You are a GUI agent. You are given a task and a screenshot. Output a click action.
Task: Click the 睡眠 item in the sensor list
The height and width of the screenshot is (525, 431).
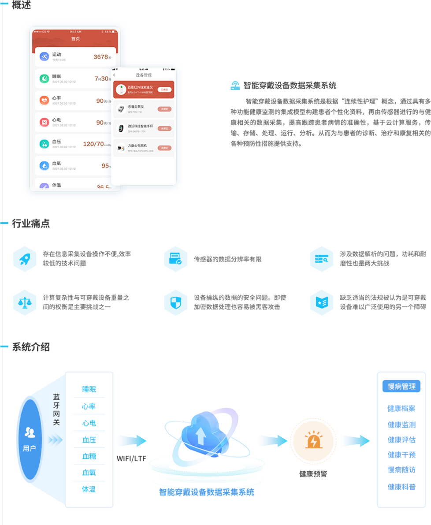[89, 390]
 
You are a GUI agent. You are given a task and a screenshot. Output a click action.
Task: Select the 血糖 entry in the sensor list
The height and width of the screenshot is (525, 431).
[89, 456]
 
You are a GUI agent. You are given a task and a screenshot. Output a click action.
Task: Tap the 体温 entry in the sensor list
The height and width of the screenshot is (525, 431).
[89, 489]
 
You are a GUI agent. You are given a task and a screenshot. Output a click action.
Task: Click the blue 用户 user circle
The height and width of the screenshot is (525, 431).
[30, 439]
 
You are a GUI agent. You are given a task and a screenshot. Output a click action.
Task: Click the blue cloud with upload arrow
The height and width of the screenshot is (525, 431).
[201, 434]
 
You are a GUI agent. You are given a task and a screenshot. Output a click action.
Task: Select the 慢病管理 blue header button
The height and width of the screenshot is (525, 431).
[401, 387]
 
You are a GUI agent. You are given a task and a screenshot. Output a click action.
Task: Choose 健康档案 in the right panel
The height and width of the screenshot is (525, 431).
[401, 409]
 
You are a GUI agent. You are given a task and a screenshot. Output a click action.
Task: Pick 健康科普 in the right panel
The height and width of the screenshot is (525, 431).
[401, 487]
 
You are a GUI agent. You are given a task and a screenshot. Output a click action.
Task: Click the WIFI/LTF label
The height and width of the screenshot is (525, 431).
[131, 458]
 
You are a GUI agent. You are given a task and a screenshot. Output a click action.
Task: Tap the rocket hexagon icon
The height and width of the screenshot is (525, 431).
[25, 259]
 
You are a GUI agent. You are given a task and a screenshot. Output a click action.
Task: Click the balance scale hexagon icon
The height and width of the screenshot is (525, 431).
[25, 302]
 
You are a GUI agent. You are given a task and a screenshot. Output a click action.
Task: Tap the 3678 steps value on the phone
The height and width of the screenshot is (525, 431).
[101, 57]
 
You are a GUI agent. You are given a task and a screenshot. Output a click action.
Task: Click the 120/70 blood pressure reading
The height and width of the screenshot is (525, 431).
[94, 144]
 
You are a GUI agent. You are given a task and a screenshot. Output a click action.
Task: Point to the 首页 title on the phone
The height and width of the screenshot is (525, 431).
[76, 39]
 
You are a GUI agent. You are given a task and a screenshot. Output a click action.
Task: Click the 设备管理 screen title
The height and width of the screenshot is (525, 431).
[143, 75]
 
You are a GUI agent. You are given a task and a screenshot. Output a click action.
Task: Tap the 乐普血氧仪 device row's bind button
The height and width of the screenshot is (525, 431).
[164, 109]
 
